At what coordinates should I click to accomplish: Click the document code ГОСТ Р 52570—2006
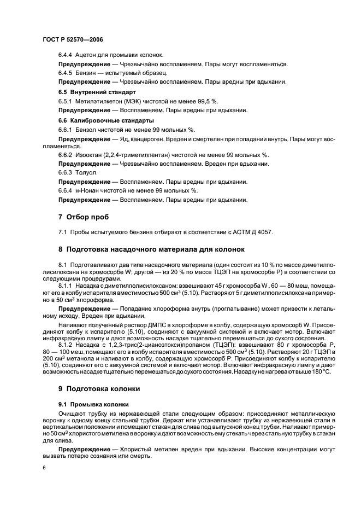[73, 40]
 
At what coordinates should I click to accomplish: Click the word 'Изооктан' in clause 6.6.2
[90, 155]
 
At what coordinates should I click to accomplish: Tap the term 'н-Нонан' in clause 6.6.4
[89, 190]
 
